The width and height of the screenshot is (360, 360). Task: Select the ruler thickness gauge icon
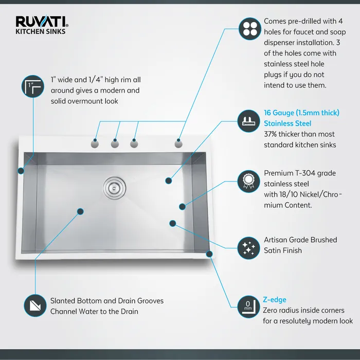coord(248,121)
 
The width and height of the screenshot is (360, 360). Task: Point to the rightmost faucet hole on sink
coord(178,143)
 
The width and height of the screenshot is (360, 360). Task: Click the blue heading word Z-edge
coord(275,300)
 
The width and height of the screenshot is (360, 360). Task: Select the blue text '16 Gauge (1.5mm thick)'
coord(301,113)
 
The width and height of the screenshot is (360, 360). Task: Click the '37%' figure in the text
coord(272,134)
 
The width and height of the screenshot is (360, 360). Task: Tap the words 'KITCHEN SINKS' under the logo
coord(41,31)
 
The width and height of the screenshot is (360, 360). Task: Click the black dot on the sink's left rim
coord(21,170)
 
